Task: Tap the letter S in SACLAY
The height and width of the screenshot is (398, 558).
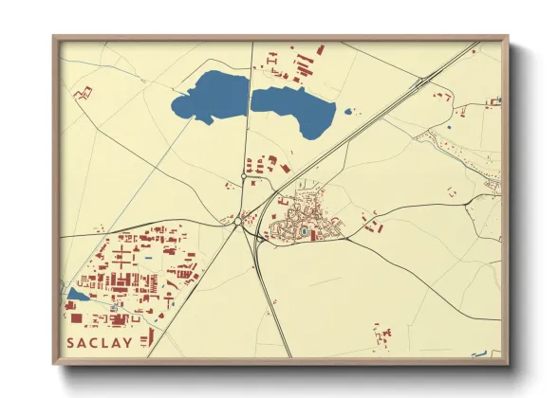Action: [71, 341]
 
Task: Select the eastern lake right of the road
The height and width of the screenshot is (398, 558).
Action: [296, 107]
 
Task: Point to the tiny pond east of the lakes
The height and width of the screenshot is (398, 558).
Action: [348, 112]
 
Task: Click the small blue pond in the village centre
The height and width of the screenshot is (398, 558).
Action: [303, 228]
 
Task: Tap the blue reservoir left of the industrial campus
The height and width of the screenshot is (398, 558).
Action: [75, 296]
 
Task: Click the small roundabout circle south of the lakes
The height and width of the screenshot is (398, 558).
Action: [244, 175]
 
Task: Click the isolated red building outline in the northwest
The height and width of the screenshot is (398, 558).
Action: [85, 92]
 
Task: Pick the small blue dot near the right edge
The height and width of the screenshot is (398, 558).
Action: [449, 127]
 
